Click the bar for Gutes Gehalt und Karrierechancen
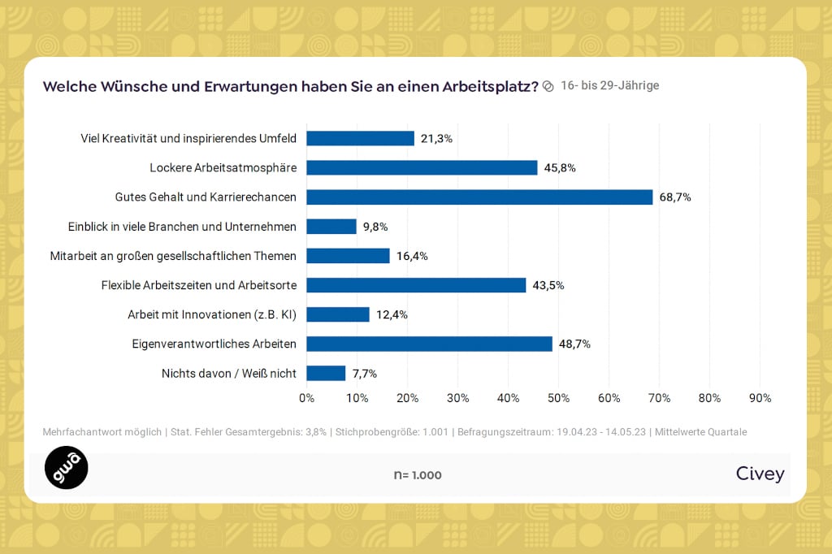(479, 197)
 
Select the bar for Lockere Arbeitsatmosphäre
(422, 168)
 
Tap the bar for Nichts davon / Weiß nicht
(326, 374)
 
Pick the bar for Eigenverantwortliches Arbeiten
(429, 344)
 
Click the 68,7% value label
(675, 197)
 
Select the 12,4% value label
(392, 314)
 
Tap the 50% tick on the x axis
(558, 398)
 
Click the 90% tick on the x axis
(760, 398)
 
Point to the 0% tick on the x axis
(306, 398)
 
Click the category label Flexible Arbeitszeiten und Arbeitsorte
(198, 285)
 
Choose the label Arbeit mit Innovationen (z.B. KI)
(211, 314)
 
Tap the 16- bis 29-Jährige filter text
(609, 85)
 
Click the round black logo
(66, 468)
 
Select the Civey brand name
(760, 474)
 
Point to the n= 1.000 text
(418, 475)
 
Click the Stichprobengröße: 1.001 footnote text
(392, 432)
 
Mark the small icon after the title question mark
(548, 86)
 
